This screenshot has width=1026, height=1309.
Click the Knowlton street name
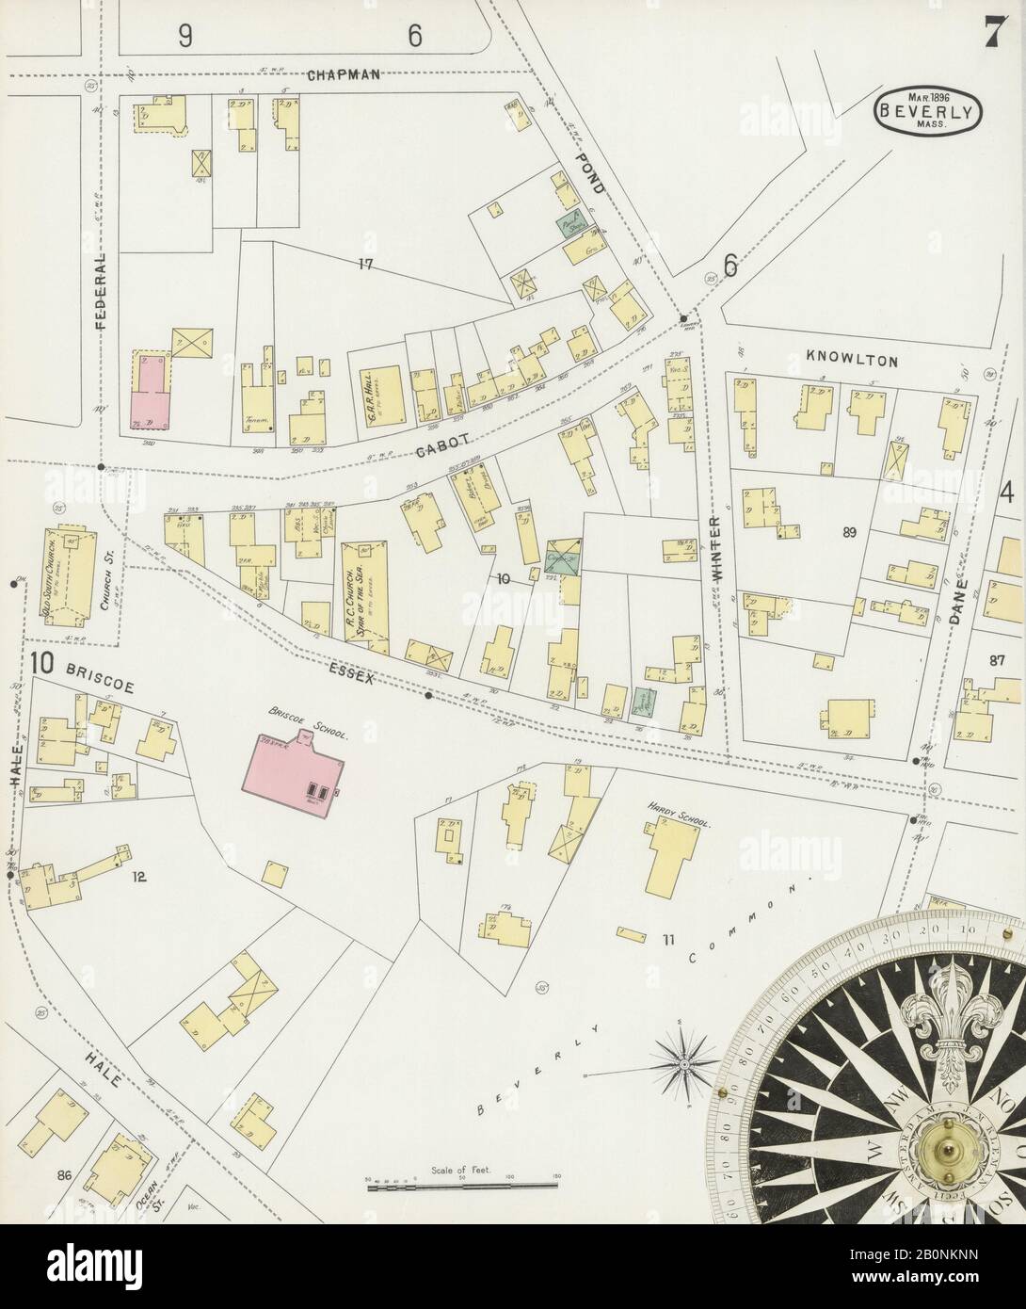853,360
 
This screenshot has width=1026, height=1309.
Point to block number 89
849,533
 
